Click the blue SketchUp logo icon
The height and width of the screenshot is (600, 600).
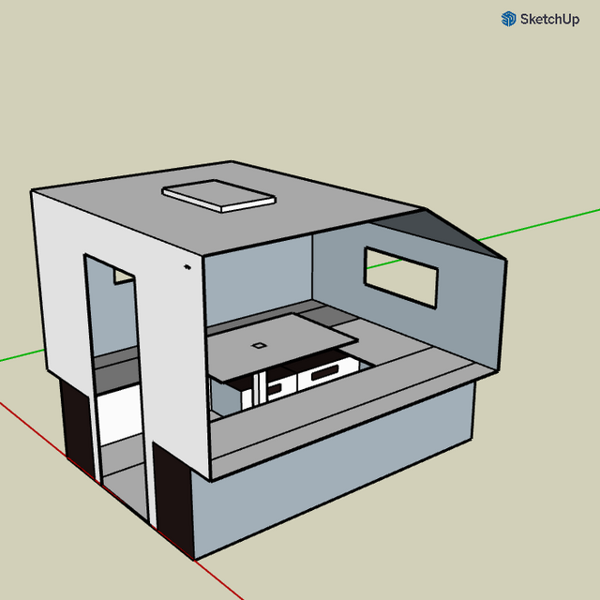[x=509, y=19]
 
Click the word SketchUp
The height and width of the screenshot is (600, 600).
[x=549, y=19]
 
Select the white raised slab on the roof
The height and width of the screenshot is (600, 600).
[x=219, y=195]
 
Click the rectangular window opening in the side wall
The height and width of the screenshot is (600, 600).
[x=401, y=277]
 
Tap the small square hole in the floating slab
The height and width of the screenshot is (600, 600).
[x=259, y=345]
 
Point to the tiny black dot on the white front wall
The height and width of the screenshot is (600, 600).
[x=187, y=269]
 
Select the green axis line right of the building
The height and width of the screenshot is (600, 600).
[x=553, y=221]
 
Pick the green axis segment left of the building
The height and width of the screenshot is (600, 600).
[x=19, y=356]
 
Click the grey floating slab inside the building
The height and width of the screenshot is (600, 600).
[x=281, y=342]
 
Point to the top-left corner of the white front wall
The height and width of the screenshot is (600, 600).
[x=33, y=192]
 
